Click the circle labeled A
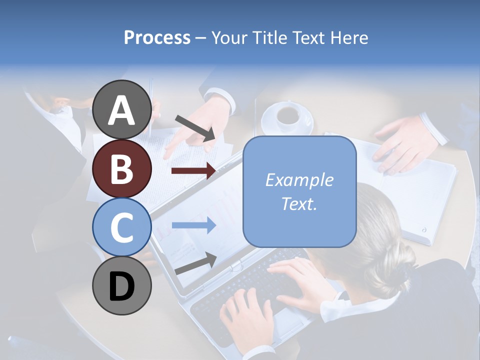tap(121, 109)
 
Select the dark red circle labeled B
tap(121, 168)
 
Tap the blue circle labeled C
tap(121, 227)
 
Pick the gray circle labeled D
tap(121, 285)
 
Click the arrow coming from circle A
tap(195, 127)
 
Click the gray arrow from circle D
tap(195, 263)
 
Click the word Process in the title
tap(157, 37)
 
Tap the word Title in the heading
tap(267, 37)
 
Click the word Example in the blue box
tap(299, 180)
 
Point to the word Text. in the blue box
tap(299, 203)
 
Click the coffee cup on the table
tap(287, 116)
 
